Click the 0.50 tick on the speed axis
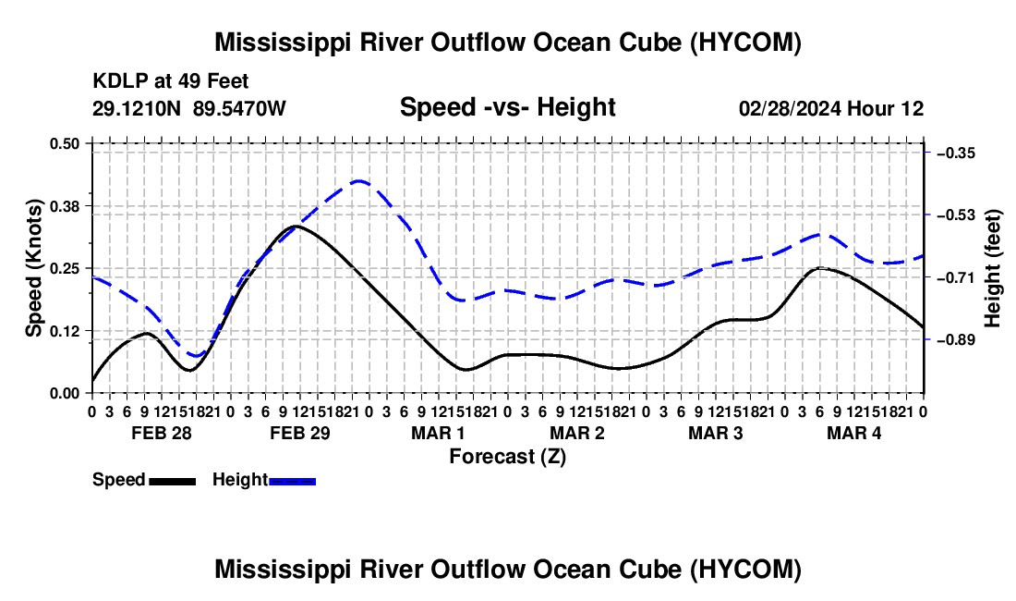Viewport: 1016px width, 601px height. pyautogui.click(x=64, y=143)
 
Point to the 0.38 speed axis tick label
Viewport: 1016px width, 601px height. pyautogui.click(x=64, y=206)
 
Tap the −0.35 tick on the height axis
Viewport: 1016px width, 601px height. pyautogui.click(x=956, y=153)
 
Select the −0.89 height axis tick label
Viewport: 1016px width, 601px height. pyautogui.click(x=956, y=339)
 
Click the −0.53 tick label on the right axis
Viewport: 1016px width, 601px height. pyautogui.click(x=956, y=215)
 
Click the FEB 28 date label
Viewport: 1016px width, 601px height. pyautogui.click(x=162, y=433)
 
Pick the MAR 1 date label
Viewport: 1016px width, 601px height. pyautogui.click(x=438, y=433)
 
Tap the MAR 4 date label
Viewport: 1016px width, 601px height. pyautogui.click(x=854, y=433)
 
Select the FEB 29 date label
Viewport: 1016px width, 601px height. pyautogui.click(x=300, y=433)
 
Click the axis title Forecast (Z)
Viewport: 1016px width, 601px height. pyautogui.click(x=508, y=457)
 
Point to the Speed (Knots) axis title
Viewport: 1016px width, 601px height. pyautogui.click(x=34, y=268)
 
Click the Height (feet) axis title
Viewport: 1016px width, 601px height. pyautogui.click(x=993, y=268)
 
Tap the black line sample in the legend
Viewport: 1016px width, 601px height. pyautogui.click(x=173, y=482)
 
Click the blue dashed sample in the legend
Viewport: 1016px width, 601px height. pyautogui.click(x=292, y=482)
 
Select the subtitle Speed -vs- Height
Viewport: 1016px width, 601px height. pyautogui.click(x=507, y=107)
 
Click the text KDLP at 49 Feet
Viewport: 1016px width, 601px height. pyautogui.click(x=171, y=81)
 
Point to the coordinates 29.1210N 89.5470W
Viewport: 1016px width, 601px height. pyautogui.click(x=188, y=108)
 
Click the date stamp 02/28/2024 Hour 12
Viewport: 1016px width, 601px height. pyautogui.click(x=831, y=108)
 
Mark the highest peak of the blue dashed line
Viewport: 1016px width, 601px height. pyautogui.click(x=359, y=181)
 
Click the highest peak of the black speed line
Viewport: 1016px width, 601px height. pyautogui.click(x=296, y=226)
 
